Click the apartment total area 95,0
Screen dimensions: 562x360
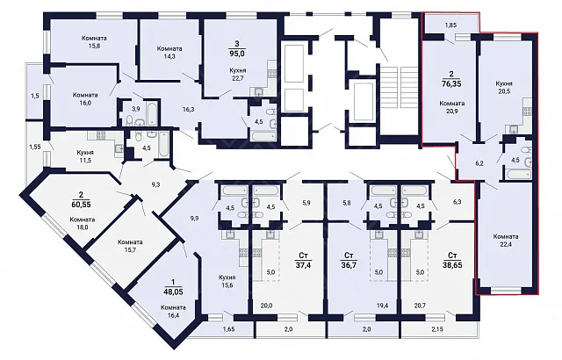tap(237, 54)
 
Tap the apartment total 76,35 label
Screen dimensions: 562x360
tap(451, 83)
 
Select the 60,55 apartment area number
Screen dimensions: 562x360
tap(81, 205)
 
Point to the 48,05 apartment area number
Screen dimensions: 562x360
tap(173, 292)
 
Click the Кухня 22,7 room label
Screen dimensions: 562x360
tap(238, 75)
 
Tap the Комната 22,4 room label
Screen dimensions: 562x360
tap(506, 241)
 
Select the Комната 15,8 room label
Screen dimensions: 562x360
tap(94, 42)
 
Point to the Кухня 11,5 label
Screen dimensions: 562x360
tap(84, 156)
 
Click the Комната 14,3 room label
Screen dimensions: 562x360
tap(169, 53)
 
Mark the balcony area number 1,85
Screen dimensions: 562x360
tap(450, 25)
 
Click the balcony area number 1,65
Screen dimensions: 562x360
tap(228, 329)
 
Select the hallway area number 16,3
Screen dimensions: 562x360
tap(188, 109)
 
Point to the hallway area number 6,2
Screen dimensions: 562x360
tap(479, 163)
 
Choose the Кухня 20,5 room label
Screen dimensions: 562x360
tap(503, 88)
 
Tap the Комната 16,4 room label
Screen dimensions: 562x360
tap(173, 312)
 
